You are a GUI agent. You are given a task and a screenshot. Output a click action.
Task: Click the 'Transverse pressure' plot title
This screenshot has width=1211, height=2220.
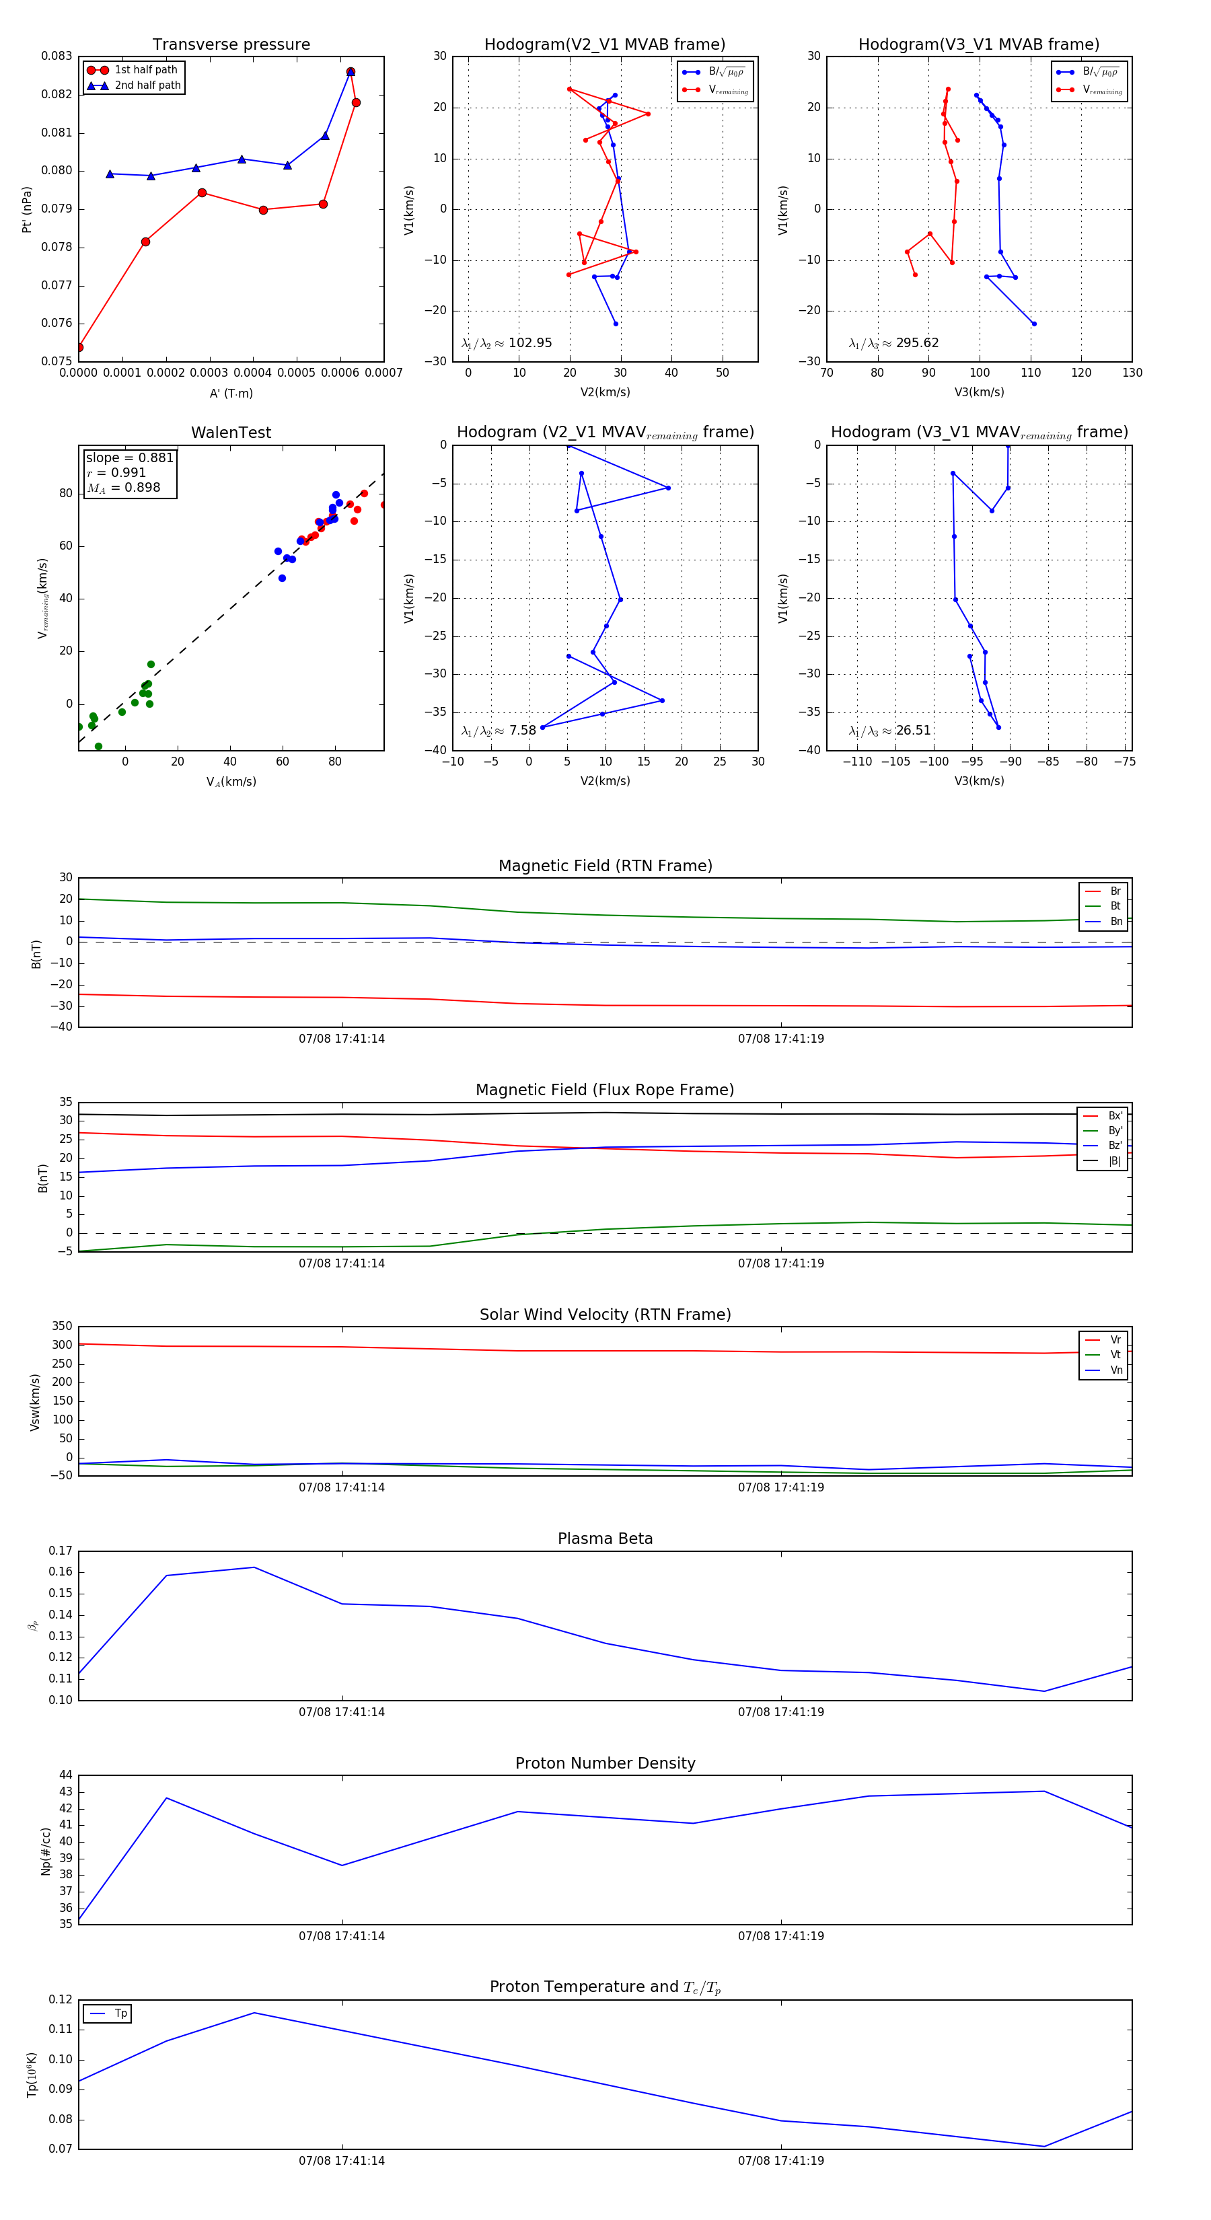[231, 45]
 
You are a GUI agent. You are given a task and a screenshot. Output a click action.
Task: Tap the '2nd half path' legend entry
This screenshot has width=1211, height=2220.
[147, 85]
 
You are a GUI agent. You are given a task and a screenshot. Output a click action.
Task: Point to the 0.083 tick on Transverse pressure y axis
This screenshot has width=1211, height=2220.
[57, 56]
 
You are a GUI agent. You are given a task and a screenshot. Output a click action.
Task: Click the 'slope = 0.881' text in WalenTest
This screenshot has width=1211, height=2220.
[129, 457]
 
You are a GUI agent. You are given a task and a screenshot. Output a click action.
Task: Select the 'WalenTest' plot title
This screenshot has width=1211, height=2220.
[231, 433]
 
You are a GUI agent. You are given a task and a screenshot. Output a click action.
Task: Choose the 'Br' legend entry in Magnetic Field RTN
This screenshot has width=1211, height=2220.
[1115, 891]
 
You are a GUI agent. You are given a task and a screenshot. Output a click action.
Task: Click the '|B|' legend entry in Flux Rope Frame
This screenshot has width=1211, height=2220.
[1115, 1161]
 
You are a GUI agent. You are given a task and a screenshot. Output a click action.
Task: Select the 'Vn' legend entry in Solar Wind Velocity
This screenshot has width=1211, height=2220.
[1115, 1370]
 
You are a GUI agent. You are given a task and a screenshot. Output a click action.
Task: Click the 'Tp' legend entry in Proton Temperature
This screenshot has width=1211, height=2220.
[120, 2014]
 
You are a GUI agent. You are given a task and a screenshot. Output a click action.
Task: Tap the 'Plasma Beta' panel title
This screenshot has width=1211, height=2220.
[605, 1539]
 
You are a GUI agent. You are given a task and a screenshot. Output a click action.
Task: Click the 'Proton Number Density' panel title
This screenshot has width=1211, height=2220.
[605, 1763]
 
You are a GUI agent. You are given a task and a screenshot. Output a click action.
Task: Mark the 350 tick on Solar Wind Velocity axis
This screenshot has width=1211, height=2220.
[62, 1327]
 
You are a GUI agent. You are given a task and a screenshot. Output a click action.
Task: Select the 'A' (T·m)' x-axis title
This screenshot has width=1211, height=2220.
[231, 394]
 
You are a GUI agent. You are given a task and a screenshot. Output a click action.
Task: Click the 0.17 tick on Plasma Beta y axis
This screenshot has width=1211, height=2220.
[61, 1551]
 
